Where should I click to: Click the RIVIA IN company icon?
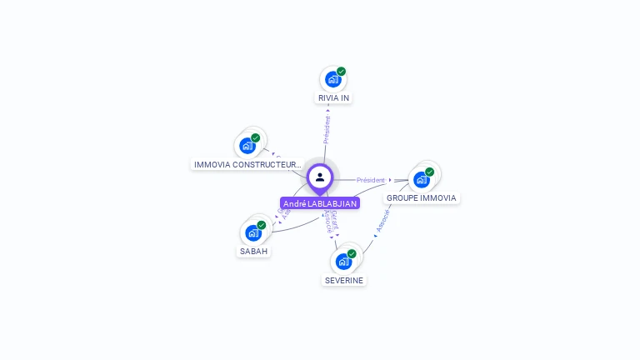tap(332, 80)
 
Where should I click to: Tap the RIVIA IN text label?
tap(333, 98)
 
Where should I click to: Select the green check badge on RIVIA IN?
tap(342, 72)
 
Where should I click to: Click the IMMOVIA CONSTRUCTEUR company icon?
tap(247, 146)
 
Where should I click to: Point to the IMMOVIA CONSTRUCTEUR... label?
tap(247, 165)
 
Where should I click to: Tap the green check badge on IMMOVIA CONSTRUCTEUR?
tap(256, 137)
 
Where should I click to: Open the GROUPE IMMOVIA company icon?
tap(422, 179)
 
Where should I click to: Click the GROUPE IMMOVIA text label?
tap(422, 198)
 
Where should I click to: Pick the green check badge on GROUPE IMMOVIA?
tap(430, 172)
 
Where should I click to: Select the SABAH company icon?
tap(252, 232)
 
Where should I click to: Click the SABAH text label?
tap(254, 251)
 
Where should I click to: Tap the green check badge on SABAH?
tap(262, 225)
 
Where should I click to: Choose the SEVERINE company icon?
tap(343, 262)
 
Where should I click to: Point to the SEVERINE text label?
tap(344, 280)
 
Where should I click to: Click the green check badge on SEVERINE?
tap(352, 253)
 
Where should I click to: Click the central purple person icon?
tap(320, 177)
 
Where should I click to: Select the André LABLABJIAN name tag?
tap(320, 203)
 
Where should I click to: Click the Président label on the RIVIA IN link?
tap(327, 129)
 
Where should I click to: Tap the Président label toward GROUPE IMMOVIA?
tap(371, 180)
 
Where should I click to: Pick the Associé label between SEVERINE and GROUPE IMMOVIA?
tap(382, 219)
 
